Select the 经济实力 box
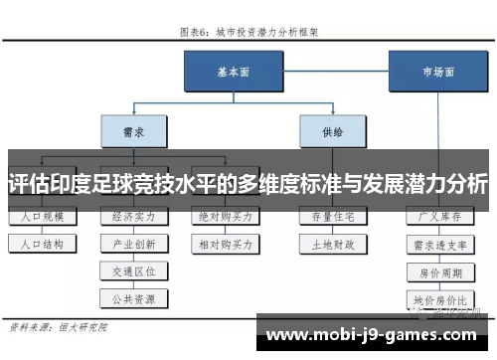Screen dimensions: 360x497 [x=133, y=216]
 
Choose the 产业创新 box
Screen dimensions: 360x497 [x=133, y=243]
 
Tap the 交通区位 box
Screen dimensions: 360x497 [x=133, y=270]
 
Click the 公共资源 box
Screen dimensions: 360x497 [x=133, y=296]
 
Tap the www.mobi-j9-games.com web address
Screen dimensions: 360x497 [x=375, y=336]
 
